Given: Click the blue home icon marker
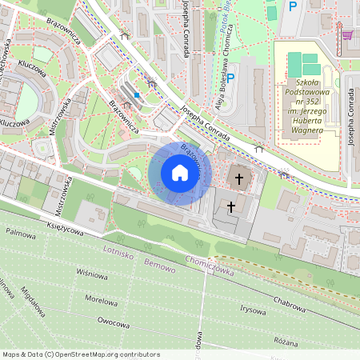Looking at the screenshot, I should [180, 173].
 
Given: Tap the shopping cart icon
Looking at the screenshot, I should [347, 35].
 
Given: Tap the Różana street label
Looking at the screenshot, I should [284, 339].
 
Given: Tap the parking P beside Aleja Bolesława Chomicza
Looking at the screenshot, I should [231, 78].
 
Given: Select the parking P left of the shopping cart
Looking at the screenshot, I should [293, 6].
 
